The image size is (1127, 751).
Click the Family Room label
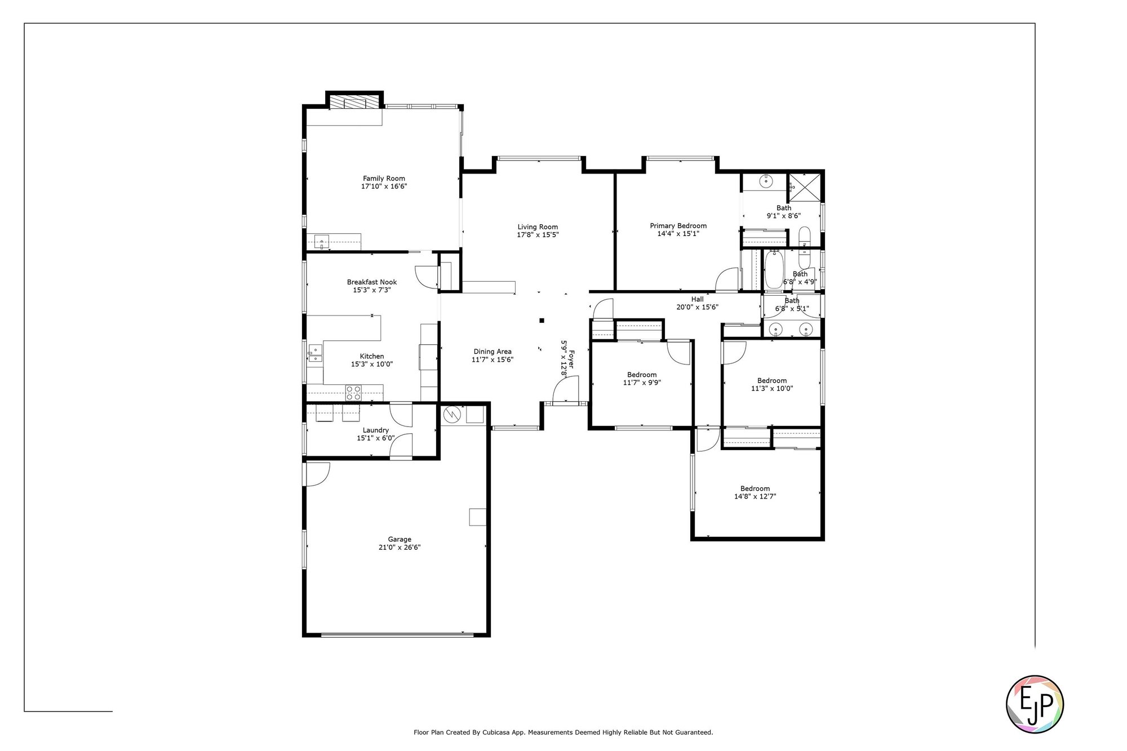click(384, 179)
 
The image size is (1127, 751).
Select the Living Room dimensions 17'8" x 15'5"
click(538, 235)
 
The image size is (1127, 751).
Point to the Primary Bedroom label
click(678, 226)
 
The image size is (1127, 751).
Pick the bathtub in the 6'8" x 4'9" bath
click(771, 271)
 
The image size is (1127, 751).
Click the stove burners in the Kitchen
click(353, 393)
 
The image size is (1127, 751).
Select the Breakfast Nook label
click(372, 282)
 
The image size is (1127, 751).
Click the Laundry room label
click(375, 430)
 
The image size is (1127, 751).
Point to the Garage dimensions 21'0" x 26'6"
click(400, 548)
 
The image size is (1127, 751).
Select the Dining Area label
click(492, 352)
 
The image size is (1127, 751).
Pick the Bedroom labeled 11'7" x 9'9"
click(642, 379)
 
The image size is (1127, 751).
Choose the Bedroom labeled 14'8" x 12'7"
click(755, 492)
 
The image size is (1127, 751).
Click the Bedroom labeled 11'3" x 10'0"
click(772, 384)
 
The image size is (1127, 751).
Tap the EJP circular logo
click(1035, 704)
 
